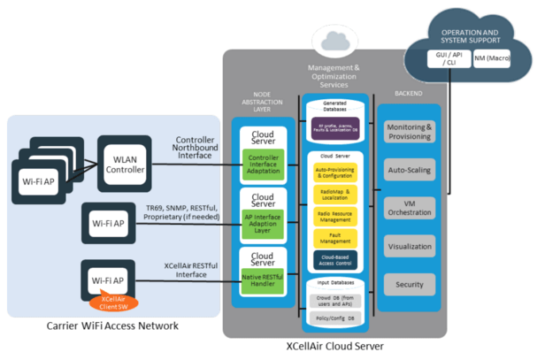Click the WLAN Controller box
coord(125,163)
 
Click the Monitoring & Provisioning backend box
coord(410,131)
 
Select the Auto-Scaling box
coord(410,168)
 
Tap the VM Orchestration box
coord(410,207)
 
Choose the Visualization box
coord(410,247)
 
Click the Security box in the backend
coord(410,285)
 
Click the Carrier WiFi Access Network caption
coord(112,326)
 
